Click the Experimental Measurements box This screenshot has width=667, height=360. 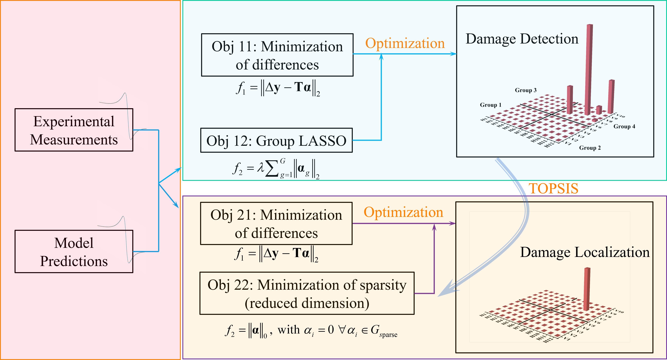point(74,130)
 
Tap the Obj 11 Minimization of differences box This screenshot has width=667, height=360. point(277,55)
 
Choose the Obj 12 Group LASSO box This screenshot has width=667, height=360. point(276,140)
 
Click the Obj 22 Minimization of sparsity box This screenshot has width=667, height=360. point(307,293)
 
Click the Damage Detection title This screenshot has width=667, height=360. point(522,39)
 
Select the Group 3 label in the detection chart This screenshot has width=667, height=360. point(525,90)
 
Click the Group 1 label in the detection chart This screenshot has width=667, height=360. point(490,105)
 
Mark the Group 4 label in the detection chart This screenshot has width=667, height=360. point(624,126)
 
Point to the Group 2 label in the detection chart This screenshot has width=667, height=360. point(590,148)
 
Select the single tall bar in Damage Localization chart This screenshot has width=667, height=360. point(587,289)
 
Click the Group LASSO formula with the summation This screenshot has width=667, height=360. point(276,169)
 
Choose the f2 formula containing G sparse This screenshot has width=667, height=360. point(311,331)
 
